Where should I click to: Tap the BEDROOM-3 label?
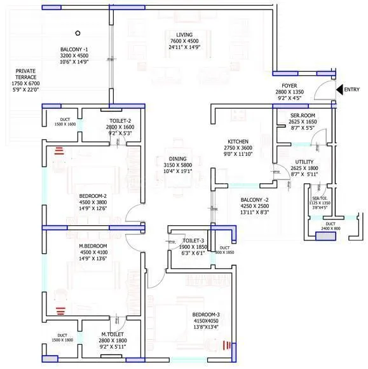click(x=207, y=315)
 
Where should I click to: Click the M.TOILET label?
click(x=112, y=334)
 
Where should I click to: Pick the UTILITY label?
click(x=304, y=162)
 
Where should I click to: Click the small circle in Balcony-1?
click(x=78, y=33)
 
